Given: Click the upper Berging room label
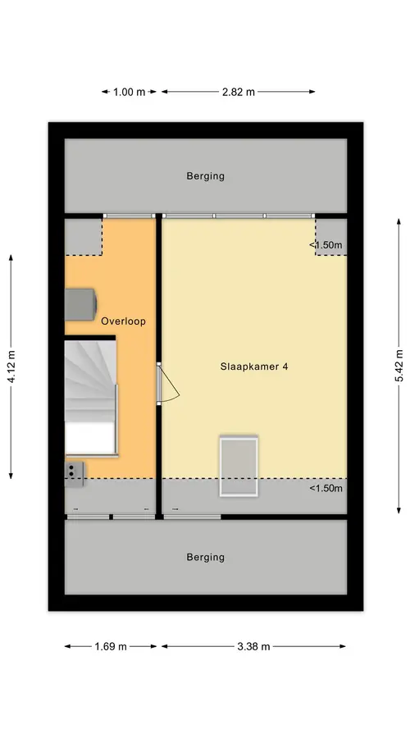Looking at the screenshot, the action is [205, 176].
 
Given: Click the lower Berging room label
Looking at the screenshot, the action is [205, 558].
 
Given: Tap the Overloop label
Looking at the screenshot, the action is [123, 321].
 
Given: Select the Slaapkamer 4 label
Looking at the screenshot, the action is [253, 367].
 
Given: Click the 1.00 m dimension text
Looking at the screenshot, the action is [129, 92].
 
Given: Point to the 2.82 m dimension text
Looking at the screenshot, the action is [238, 92].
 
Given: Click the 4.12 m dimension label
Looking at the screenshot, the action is [11, 367].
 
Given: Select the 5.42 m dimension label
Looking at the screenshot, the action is [399, 366].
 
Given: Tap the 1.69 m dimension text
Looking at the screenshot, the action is [111, 647].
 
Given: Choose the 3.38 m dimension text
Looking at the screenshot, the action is [253, 647].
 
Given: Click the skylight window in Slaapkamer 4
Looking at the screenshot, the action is [239, 466].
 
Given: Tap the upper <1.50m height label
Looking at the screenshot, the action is [326, 245].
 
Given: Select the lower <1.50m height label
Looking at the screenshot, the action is [326, 488].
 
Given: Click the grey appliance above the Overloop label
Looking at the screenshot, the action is [80, 304].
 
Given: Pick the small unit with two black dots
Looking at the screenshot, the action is [74, 474].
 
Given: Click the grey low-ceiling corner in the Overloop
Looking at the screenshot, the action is [84, 237].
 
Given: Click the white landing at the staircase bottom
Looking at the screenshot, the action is [90, 438].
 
